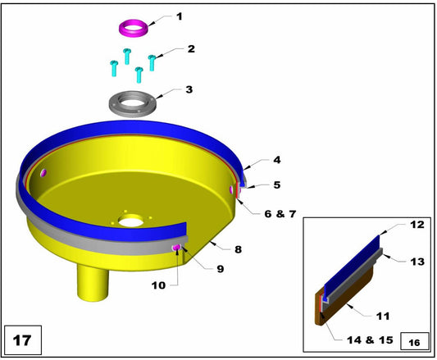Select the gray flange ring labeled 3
click(x=134, y=103)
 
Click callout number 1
click(x=180, y=16)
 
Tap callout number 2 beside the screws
click(x=190, y=49)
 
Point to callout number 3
click(x=189, y=89)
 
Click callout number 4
click(x=276, y=162)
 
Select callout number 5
click(x=276, y=185)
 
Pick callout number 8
click(x=237, y=248)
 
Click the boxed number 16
click(x=414, y=340)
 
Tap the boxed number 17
click(x=21, y=337)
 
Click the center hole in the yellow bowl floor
click(x=130, y=221)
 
